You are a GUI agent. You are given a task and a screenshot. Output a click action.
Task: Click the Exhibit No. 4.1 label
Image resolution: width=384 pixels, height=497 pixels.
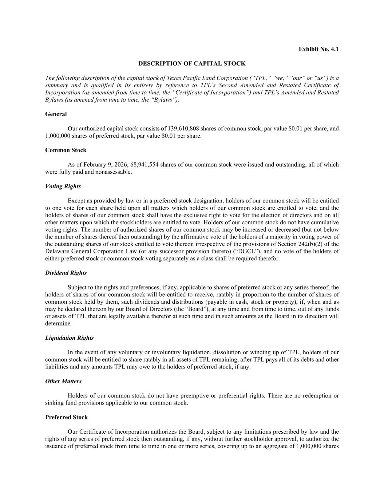point(318,49)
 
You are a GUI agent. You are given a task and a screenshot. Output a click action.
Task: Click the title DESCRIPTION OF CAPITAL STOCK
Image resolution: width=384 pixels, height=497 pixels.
point(192,64)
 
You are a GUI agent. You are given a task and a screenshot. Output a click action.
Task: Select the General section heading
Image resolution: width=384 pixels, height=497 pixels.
point(56,114)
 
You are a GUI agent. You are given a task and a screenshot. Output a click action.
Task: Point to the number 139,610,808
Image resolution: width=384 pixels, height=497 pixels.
point(183,129)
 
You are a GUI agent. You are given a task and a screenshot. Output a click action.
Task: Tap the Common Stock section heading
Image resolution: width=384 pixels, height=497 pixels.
point(66,150)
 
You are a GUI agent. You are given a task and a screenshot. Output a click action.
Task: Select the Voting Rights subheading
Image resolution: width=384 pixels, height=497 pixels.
point(63,186)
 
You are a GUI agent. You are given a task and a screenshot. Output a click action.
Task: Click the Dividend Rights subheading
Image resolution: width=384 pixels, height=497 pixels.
point(66,273)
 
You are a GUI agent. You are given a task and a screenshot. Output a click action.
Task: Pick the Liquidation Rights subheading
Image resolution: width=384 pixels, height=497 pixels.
point(69,338)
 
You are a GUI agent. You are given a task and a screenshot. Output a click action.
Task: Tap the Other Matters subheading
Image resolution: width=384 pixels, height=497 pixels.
point(63,381)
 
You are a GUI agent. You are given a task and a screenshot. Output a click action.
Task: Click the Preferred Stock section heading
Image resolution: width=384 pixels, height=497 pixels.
point(66,417)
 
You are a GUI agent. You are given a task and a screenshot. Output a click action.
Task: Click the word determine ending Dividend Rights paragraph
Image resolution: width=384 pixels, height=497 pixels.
point(58,323)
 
